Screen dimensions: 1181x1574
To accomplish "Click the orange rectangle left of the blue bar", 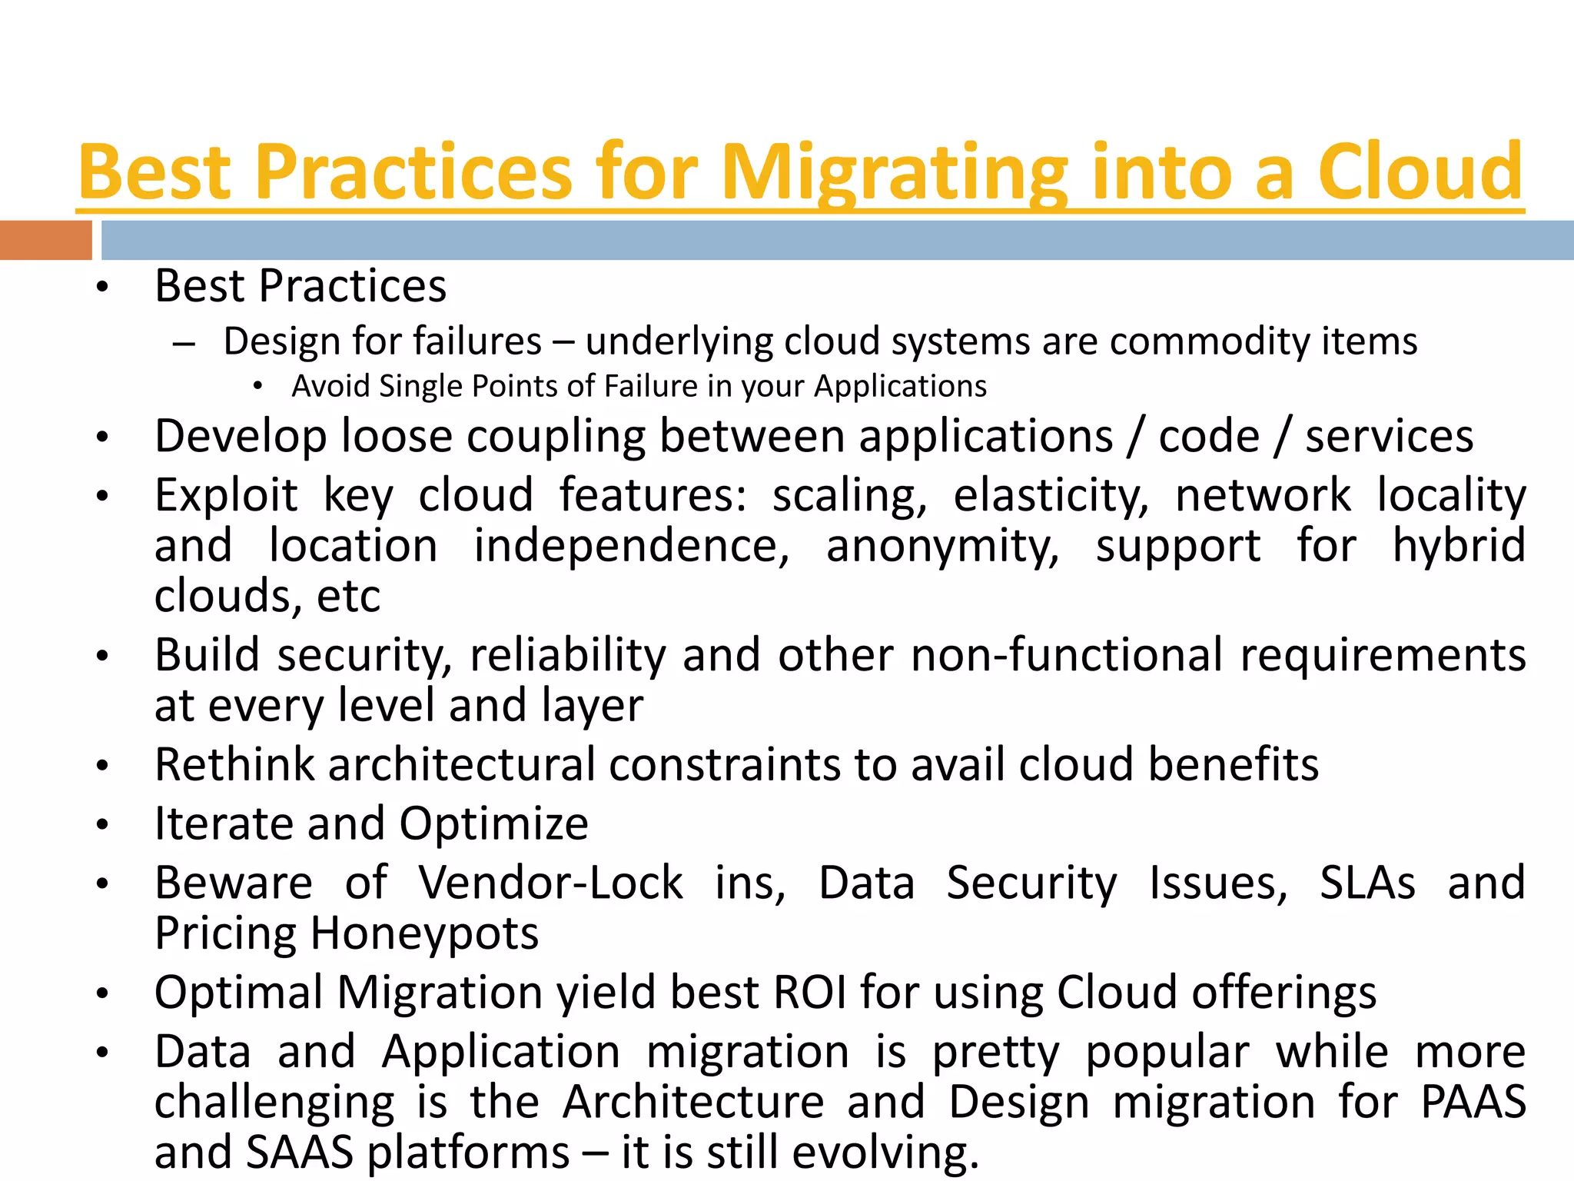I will point(45,240).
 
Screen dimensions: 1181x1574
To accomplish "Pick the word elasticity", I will point(1051,496).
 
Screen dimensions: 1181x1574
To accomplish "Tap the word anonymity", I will point(942,547).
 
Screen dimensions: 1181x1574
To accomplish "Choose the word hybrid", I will point(1458,547).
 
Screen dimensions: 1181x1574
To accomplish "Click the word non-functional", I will point(1067,656).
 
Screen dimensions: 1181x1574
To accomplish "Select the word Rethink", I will point(234,765).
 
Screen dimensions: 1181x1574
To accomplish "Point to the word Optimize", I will point(493,824).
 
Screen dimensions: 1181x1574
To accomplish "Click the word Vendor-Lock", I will point(550,883).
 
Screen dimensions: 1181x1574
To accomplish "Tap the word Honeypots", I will point(424,933).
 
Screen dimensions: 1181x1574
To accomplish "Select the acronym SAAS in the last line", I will point(300,1153).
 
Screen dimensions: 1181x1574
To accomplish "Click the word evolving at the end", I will point(885,1153).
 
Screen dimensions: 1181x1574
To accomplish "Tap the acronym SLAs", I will point(1367,883).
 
